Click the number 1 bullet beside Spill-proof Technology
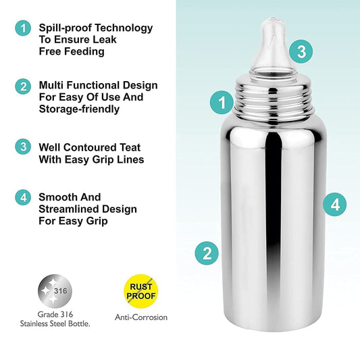point(24,28)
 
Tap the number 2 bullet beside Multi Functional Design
point(24,86)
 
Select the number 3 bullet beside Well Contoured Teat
point(24,146)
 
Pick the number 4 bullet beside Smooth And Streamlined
point(24,197)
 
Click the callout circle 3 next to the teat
point(301,51)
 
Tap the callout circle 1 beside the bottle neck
point(222,103)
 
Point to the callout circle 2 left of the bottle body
point(207,253)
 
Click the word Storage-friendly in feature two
point(78,109)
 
